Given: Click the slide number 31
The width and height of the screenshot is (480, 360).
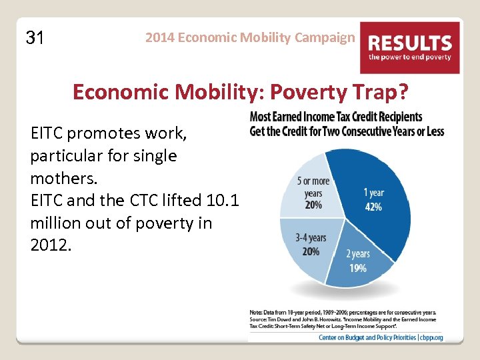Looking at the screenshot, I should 35,38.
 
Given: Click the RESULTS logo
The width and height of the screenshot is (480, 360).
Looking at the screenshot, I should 410,47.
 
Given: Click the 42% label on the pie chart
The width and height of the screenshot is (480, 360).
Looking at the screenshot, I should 373,207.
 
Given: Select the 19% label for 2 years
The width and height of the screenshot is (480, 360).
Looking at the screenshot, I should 358,268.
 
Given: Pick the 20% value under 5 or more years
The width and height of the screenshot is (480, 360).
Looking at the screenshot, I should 313,205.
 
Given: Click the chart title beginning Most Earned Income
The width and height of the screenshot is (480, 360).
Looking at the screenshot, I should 347,124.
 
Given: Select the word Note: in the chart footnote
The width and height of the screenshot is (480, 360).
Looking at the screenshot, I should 256,312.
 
